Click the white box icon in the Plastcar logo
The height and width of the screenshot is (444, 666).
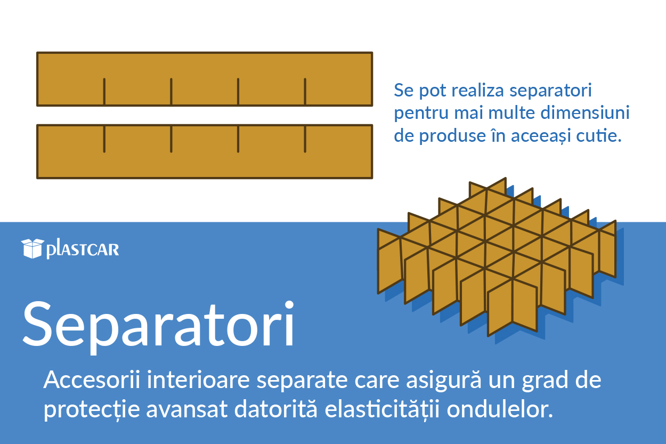[x=33, y=248]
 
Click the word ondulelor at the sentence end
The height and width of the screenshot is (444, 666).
[x=500, y=409]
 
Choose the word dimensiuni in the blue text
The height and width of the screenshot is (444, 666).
[x=585, y=112]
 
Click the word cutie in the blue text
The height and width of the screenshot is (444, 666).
[x=599, y=136]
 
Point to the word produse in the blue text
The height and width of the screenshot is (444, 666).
[x=449, y=136]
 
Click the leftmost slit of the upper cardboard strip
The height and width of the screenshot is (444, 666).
[x=104, y=92]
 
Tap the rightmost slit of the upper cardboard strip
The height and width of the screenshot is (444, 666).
[x=305, y=92]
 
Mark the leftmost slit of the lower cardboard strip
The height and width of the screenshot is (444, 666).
[x=104, y=139]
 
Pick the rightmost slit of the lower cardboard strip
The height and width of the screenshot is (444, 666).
[x=305, y=139]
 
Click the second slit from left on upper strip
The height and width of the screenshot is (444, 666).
[x=171, y=92]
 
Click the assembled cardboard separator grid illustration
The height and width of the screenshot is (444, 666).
[x=497, y=257]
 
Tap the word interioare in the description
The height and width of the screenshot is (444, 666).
[x=198, y=380]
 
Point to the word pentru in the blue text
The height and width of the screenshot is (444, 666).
[x=421, y=114]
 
